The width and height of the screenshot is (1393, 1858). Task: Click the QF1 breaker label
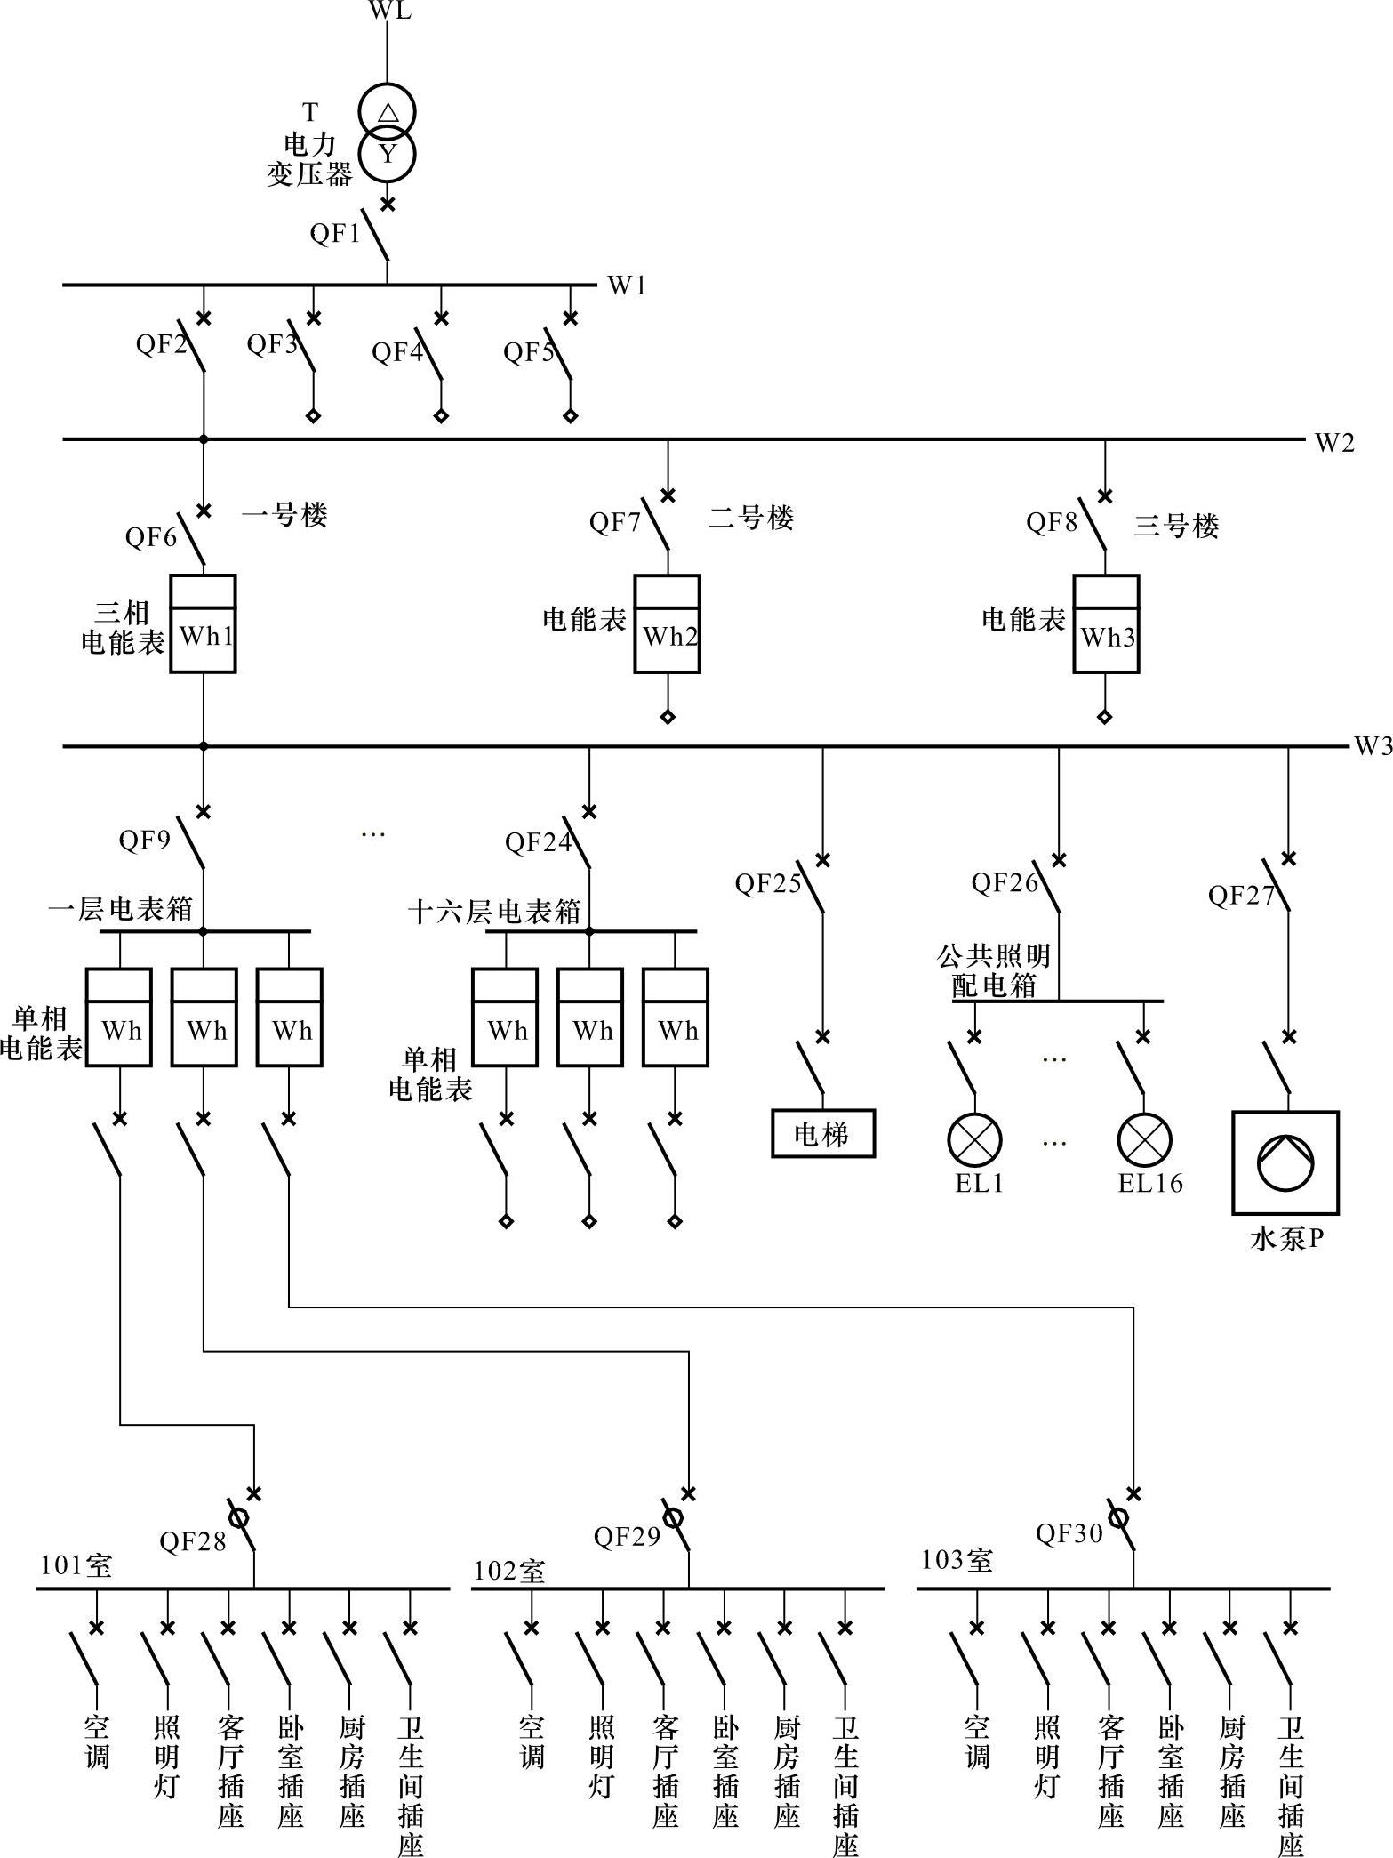coord(334,233)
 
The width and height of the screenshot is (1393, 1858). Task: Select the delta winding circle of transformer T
coord(388,112)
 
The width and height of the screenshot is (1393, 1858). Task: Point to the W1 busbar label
coord(627,286)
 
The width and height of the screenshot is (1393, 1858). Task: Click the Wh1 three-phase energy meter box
coord(204,623)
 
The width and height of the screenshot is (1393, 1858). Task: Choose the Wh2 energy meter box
coord(668,623)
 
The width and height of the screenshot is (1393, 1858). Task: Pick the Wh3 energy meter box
coord(1106,623)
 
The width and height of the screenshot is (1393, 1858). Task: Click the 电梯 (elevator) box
coord(822,1134)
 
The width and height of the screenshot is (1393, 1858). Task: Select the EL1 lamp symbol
coord(974,1140)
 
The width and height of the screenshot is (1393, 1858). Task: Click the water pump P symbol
coord(1285,1162)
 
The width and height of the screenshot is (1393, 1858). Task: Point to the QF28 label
coord(193,1541)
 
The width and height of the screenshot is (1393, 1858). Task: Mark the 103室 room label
coord(957,1560)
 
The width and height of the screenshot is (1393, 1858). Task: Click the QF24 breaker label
coord(538,842)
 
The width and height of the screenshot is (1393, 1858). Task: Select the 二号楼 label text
coord(751,518)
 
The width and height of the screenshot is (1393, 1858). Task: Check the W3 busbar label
coord(1373,746)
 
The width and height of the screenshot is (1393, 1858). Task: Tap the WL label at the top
coord(389,12)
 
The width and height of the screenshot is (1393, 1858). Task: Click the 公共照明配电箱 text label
coord(994,970)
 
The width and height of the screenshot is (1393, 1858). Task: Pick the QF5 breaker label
coord(529,352)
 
